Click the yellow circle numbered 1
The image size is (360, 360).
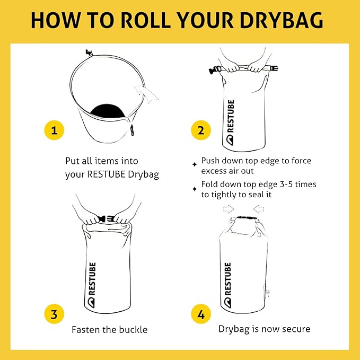(54, 130)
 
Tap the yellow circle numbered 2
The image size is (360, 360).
(201, 130)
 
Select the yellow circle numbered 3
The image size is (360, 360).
(54, 314)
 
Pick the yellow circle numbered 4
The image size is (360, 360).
(201, 314)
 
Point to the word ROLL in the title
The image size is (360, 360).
(145, 20)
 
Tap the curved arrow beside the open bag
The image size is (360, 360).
(147, 93)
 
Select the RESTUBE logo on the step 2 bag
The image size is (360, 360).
(230, 122)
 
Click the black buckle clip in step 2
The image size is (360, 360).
(214, 69)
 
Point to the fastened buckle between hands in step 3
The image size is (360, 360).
(107, 218)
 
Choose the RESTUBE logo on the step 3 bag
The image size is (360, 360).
(92, 285)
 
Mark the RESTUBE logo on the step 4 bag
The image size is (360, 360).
(227, 285)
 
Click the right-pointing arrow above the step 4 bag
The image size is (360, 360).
(229, 209)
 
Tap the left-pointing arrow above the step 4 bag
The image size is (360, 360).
(259, 209)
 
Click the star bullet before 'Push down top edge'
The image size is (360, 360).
(195, 164)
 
